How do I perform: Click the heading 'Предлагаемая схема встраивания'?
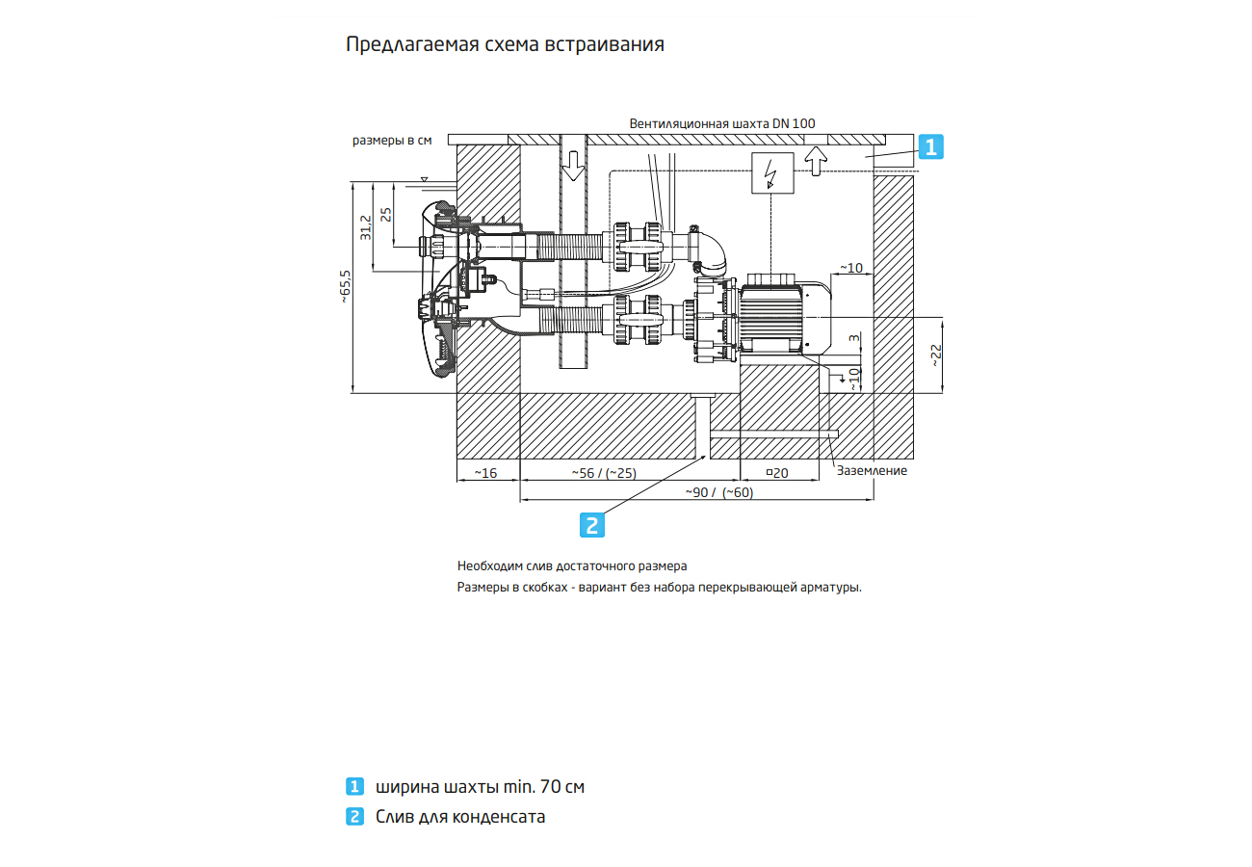[x=505, y=45]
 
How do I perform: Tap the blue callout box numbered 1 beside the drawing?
[x=930, y=146]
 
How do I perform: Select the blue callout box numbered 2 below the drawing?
[x=592, y=524]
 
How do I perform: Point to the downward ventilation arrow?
[x=573, y=165]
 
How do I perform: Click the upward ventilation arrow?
[x=816, y=160]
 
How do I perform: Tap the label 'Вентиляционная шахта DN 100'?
[x=722, y=124]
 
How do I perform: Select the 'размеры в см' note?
[x=391, y=141]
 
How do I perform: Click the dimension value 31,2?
[x=365, y=227]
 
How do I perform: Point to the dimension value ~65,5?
[x=346, y=287]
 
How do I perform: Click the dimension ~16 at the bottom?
[x=485, y=473]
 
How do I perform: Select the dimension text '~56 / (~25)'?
[x=603, y=473]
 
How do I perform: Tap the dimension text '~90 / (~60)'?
[x=718, y=492]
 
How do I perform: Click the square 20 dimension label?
[x=776, y=473]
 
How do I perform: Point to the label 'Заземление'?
[x=872, y=471]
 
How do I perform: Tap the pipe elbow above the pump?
[x=712, y=253]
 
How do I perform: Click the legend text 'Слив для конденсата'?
[x=460, y=817]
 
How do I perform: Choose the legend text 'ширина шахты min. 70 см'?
[x=480, y=787]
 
